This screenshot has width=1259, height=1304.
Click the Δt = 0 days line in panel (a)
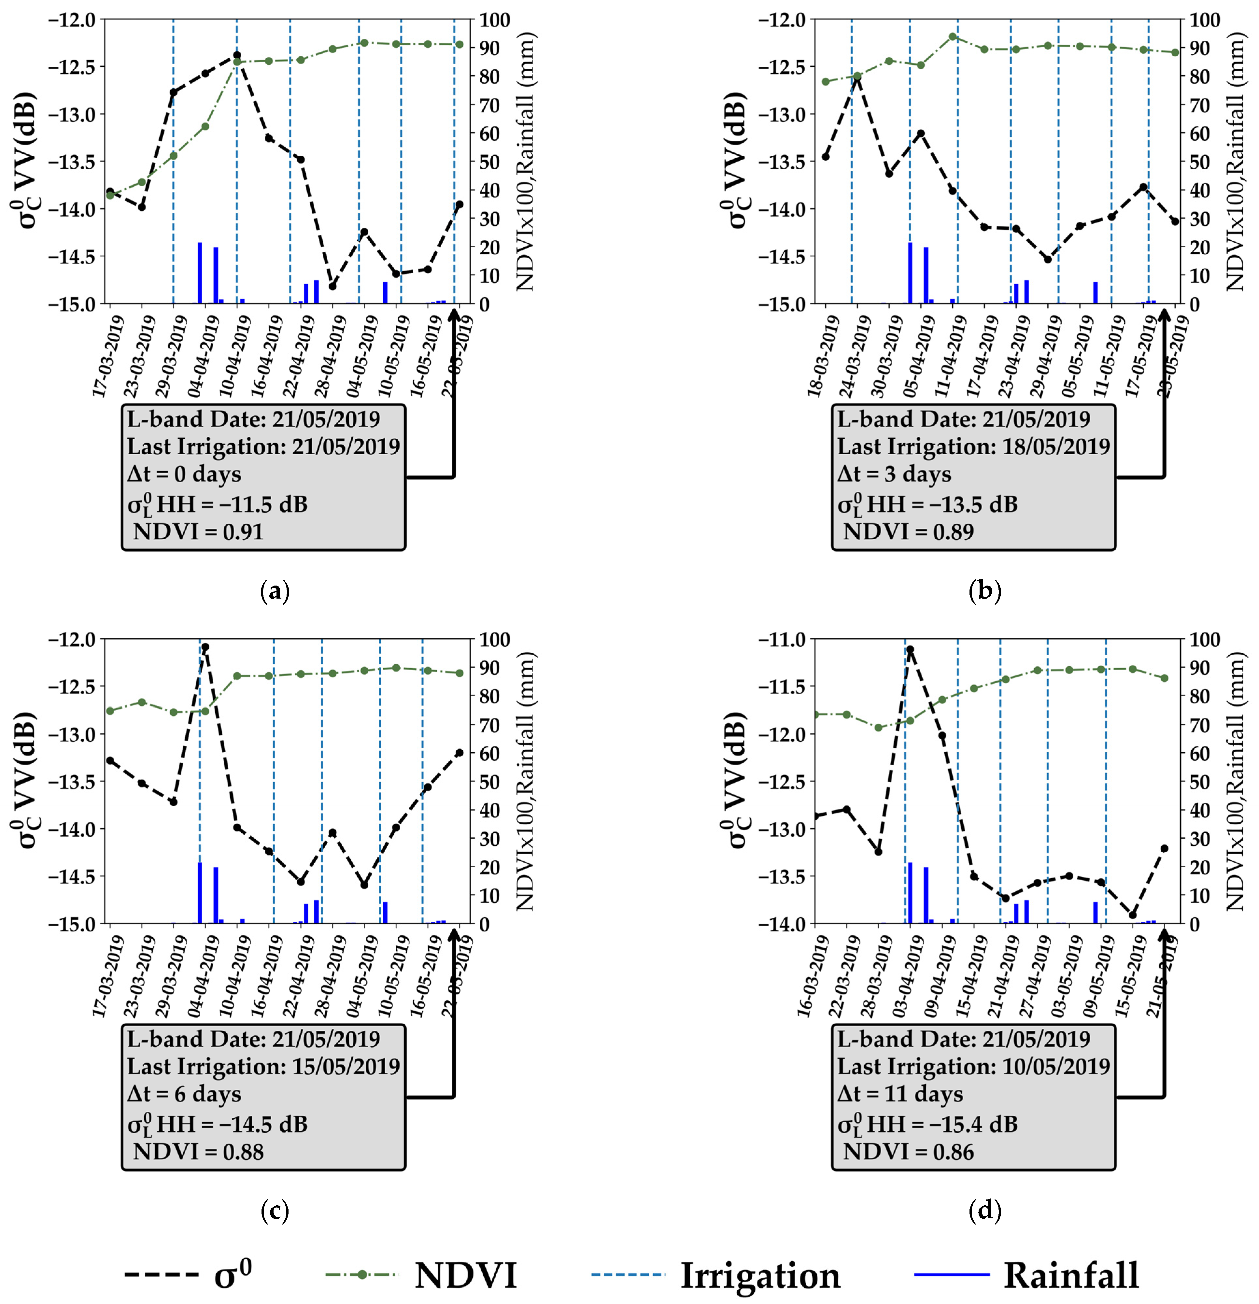(x=184, y=475)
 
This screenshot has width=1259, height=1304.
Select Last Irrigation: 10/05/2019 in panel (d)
(x=973, y=1067)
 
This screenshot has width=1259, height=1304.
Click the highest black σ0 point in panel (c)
(x=205, y=647)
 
